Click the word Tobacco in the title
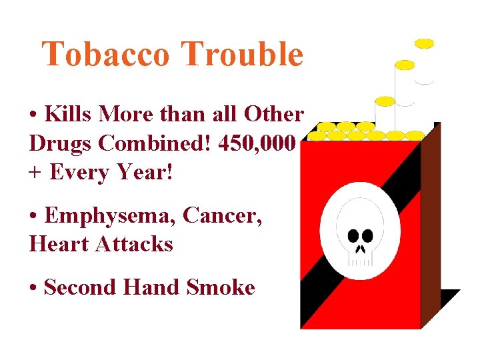click(107, 55)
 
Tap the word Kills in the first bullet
click(69, 114)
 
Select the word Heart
click(59, 244)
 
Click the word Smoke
click(221, 287)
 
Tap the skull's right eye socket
click(367, 235)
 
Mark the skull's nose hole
click(361, 249)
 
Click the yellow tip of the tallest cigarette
click(424, 43)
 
